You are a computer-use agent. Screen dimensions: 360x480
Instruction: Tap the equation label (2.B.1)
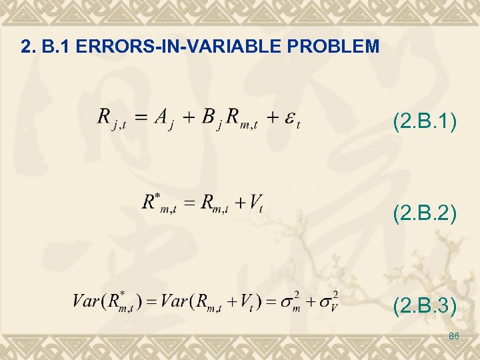(x=425, y=122)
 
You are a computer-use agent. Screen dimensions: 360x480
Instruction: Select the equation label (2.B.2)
(x=425, y=214)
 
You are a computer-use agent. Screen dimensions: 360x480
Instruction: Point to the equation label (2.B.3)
(x=425, y=306)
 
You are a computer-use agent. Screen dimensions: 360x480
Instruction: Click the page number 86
(x=454, y=336)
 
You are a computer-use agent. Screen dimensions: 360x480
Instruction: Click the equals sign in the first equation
(x=139, y=119)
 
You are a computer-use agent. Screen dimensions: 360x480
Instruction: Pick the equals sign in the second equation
(x=190, y=203)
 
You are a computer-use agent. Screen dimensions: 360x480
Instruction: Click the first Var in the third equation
(x=86, y=301)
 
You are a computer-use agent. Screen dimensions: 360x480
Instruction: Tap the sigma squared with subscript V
(x=327, y=301)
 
